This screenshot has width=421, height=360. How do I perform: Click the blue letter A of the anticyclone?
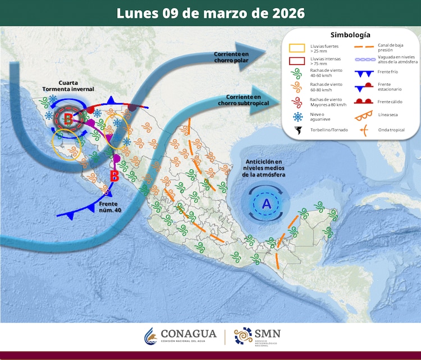[x=266, y=202]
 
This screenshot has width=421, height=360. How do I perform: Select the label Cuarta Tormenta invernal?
[x=68, y=86]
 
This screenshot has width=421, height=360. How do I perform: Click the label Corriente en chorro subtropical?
[x=247, y=100]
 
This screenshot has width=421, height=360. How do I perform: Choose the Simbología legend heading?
[x=350, y=35]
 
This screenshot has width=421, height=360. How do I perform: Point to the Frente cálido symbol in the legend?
[x=365, y=101]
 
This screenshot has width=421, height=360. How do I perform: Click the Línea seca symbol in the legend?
[x=365, y=116]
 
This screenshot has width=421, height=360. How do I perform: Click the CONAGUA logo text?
[x=188, y=334]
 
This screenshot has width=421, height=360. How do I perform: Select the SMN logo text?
[x=267, y=334]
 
